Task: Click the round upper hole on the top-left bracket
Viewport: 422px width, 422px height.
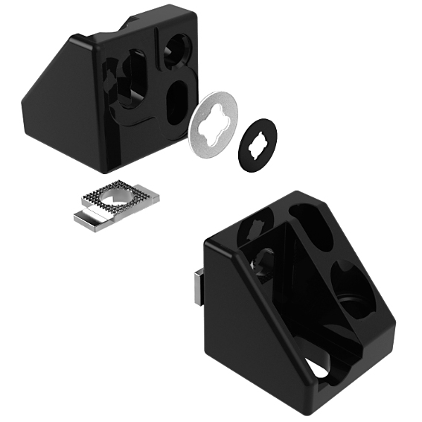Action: coord(177,49)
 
